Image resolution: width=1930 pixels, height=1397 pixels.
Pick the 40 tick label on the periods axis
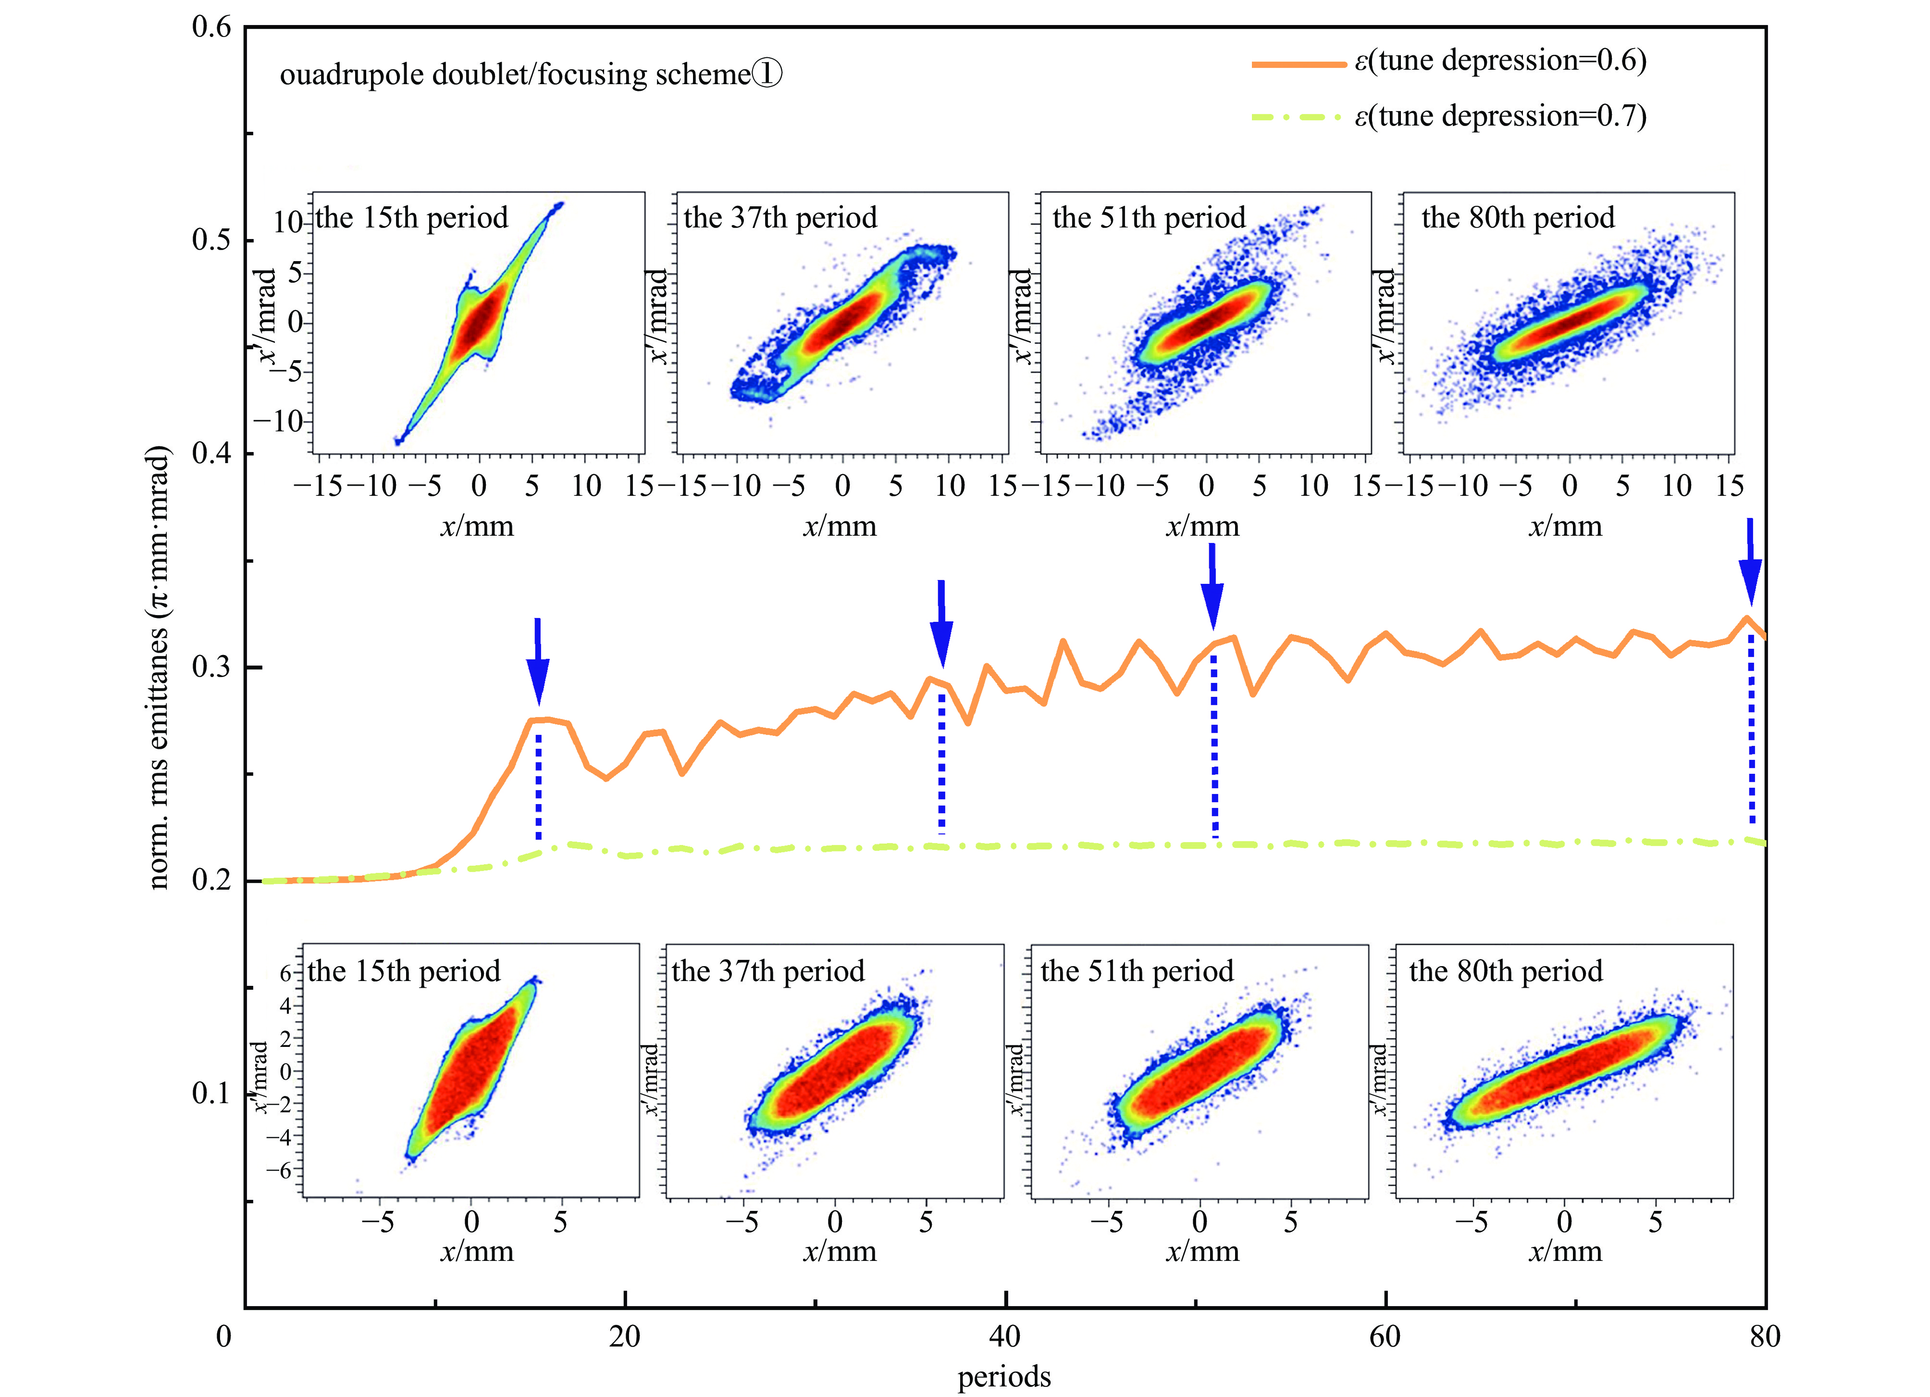point(1005,1336)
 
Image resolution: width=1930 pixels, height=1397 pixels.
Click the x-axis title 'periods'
point(1004,1377)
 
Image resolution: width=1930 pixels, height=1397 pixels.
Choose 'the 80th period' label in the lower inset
point(1505,971)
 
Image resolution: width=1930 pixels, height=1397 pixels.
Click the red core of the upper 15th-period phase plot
point(479,322)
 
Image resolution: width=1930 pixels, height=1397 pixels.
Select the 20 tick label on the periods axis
point(625,1336)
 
